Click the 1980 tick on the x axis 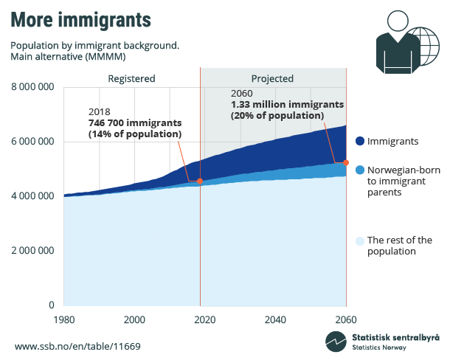click(63, 319)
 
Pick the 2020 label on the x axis click(204, 319)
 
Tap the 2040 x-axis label click(275, 319)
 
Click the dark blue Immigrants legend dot click(359, 141)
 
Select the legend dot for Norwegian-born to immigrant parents click(359, 170)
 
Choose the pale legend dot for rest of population click(359, 240)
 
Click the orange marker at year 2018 click(200, 181)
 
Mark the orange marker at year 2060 click(346, 162)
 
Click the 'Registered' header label click(131, 78)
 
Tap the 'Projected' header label click(272, 78)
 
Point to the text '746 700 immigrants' click(135, 122)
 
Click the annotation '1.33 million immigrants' click(287, 105)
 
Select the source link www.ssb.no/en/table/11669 click(77, 346)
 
